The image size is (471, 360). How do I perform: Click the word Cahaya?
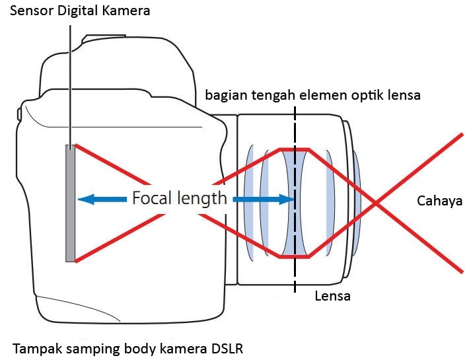click(x=439, y=201)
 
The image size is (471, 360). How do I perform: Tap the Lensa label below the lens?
click(x=332, y=297)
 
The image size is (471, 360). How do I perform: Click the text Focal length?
click(x=179, y=198)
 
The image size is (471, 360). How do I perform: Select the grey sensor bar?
click(x=70, y=203)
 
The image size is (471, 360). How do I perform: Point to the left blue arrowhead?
click(x=85, y=198)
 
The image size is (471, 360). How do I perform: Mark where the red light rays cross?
click(x=377, y=201)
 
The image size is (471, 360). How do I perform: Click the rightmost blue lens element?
click(x=356, y=201)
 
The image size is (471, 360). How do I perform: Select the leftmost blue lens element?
click(x=250, y=201)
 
